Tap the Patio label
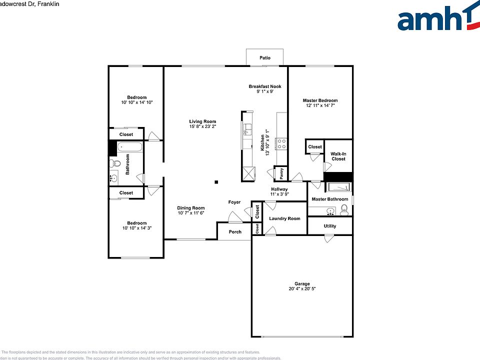[x=265, y=58]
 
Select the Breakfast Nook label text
[x=265, y=86]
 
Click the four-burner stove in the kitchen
[x=281, y=144]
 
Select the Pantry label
[x=281, y=173]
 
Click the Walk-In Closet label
[x=338, y=156]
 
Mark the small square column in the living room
[x=216, y=182]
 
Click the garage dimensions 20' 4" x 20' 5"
[x=302, y=288]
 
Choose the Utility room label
[x=330, y=226]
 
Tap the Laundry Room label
[x=284, y=218]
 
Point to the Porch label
[x=235, y=231]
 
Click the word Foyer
[x=234, y=202]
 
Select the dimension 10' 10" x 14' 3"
[x=136, y=227]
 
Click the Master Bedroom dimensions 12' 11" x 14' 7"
[x=320, y=105]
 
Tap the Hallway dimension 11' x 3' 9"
[x=279, y=194]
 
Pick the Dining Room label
[x=191, y=208]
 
